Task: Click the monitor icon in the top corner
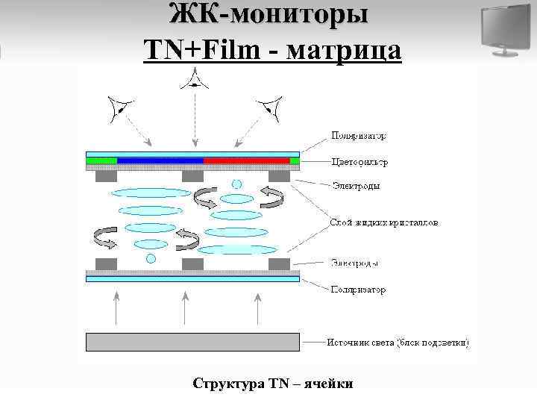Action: pyautogui.click(x=505, y=30)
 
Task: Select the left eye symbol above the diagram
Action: pyautogui.click(x=120, y=110)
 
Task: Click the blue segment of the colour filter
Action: pyautogui.click(x=160, y=160)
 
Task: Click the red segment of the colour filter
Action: pyautogui.click(x=246, y=160)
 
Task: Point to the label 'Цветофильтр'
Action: pyautogui.click(x=361, y=161)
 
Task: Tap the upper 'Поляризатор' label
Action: pyautogui.click(x=359, y=137)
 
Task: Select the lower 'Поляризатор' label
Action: pyautogui.click(x=359, y=289)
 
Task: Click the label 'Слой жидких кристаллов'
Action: pyautogui.click(x=384, y=222)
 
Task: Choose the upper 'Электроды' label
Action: pyautogui.click(x=356, y=185)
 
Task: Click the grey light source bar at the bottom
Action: pyautogui.click(x=192, y=342)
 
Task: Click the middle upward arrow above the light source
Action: pyautogui.click(x=186, y=306)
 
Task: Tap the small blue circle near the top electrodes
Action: pyautogui.click(x=237, y=184)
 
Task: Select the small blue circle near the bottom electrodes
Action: pyautogui.click(x=151, y=258)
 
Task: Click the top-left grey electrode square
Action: pyautogui.click(x=107, y=177)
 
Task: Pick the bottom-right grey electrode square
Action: pyautogui.click(x=279, y=264)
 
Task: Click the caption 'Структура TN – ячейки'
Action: pyautogui.click(x=272, y=384)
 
